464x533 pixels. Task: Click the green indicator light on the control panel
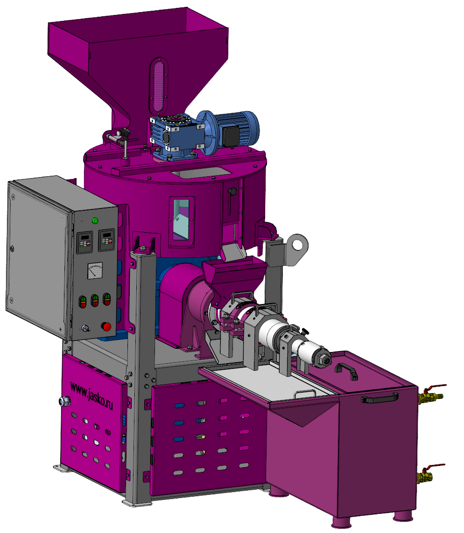(95, 221)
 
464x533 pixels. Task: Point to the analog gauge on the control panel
(95, 270)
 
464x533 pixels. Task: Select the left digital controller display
(84, 242)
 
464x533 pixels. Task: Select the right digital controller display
(106, 240)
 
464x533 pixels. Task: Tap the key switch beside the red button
(85, 328)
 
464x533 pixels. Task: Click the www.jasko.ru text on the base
(91, 395)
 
